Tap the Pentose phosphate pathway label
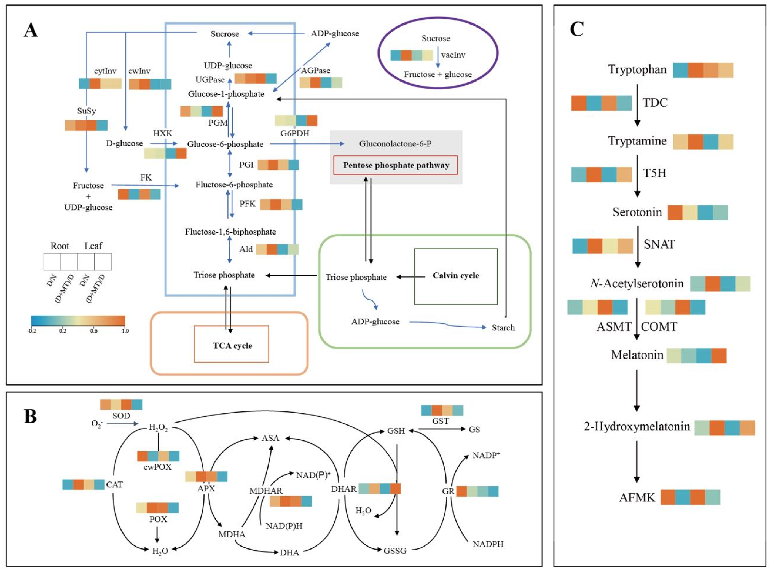[x=396, y=165]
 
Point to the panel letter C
[x=577, y=30]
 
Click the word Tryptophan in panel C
[x=637, y=69]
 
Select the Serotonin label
[x=637, y=212]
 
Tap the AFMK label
[x=637, y=497]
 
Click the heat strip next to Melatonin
[x=696, y=356]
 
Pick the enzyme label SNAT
[x=659, y=244]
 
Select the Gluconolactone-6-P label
[x=395, y=144]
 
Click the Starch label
[x=503, y=328]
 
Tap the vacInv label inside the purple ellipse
[x=453, y=55]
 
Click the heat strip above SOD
[x=121, y=404]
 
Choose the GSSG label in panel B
[x=395, y=550]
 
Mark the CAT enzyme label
[x=114, y=485]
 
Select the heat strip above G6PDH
[x=296, y=120]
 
